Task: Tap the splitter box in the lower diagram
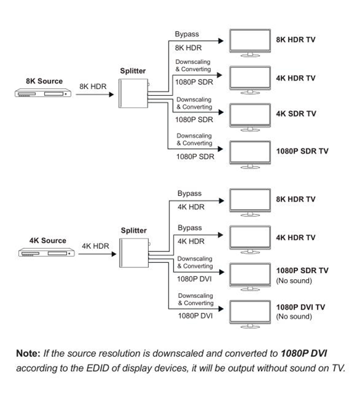(133, 254)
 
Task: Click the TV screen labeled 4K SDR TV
(249, 115)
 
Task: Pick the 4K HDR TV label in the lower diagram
(295, 237)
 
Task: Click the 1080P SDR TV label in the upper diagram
(302, 151)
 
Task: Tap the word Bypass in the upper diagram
(187, 35)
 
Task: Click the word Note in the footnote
(28, 354)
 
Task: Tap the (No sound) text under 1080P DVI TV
(294, 317)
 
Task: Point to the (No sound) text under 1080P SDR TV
(294, 281)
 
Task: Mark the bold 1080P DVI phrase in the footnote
(306, 354)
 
